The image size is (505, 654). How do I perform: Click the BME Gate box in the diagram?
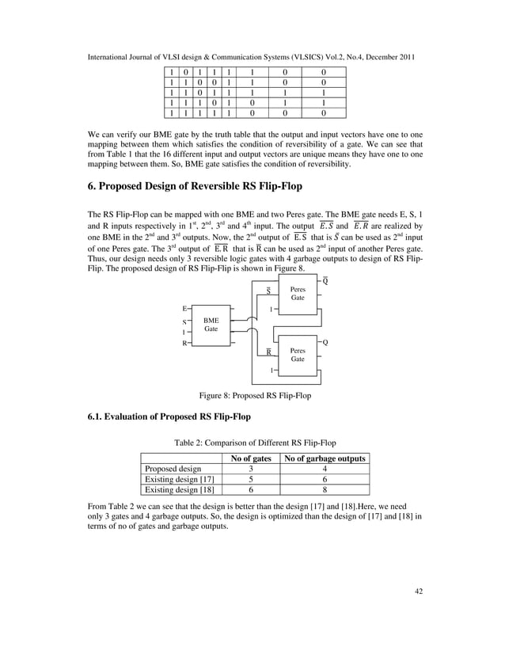click(211, 324)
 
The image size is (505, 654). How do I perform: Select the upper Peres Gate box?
click(298, 294)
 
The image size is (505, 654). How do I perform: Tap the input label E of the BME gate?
click(185, 307)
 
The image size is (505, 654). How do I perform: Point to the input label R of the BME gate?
click(185, 344)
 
